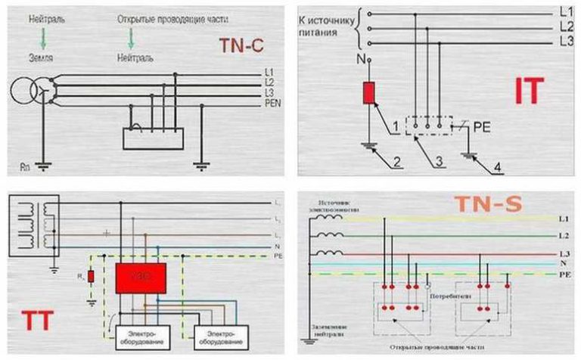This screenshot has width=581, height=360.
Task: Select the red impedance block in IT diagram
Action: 369,92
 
